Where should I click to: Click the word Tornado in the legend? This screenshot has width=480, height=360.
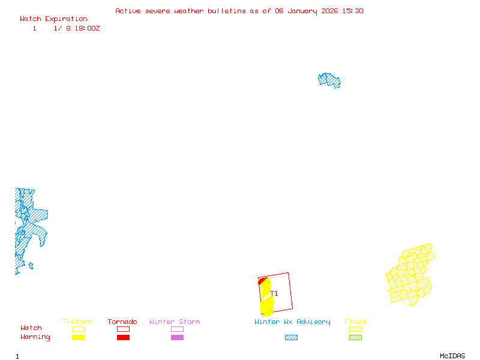tap(122, 322)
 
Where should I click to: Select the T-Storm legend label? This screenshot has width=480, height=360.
tap(77, 322)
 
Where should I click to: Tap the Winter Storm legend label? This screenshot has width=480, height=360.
tap(175, 322)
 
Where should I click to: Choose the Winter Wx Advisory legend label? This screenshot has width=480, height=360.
tap(292, 322)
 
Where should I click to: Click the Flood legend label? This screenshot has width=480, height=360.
tap(355, 322)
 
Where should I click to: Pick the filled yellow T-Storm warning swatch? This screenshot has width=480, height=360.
tap(78, 338)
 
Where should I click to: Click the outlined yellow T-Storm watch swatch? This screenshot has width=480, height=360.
tap(78, 329)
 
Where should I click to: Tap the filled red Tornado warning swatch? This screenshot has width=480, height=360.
tap(123, 338)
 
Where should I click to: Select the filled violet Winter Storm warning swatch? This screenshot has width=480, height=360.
tap(177, 338)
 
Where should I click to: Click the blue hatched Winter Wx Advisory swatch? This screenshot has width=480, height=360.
tap(291, 338)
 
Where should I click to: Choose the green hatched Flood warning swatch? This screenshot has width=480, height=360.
tap(355, 338)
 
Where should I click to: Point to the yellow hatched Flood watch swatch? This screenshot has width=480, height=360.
tap(355, 329)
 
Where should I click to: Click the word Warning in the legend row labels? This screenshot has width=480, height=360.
tap(35, 337)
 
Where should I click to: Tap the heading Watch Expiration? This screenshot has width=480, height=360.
tap(53, 19)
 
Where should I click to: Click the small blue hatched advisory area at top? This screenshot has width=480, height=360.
tap(329, 80)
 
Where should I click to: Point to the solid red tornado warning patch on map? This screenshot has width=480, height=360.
tap(261, 281)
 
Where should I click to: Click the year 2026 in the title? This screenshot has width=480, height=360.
tap(328, 11)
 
